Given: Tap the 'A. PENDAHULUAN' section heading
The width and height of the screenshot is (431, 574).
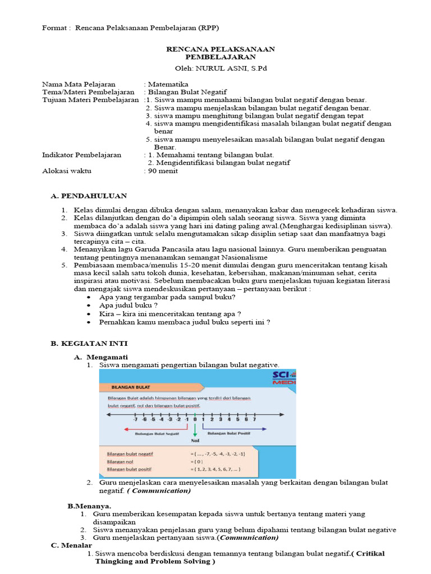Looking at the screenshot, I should click(89, 196).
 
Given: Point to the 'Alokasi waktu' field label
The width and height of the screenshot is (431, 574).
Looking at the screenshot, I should click(67, 171).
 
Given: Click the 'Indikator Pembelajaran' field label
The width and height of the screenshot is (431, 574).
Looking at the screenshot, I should click(82, 155).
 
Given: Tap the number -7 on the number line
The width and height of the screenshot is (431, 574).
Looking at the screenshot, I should click(135, 419).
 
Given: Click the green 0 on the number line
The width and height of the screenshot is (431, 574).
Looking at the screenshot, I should click(195, 419).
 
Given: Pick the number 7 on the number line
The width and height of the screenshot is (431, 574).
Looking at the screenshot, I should click(254, 419).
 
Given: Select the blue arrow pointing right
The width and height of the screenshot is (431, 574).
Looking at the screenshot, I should click(236, 427).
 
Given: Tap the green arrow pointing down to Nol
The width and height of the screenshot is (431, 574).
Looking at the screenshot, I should click(195, 430).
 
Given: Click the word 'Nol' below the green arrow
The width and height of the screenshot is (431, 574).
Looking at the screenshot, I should click(195, 441).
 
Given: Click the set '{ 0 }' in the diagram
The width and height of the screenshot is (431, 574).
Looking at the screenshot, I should click(197, 460).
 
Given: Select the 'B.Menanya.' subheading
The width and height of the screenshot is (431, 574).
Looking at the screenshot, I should click(89, 506).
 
